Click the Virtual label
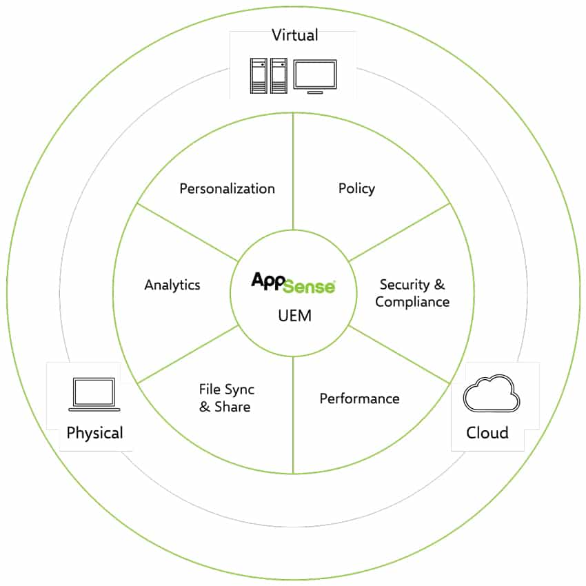295,35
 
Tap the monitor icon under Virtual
315,77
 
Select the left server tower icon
259,76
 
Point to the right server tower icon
279,76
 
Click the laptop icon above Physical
94,394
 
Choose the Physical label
94,433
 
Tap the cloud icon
491,394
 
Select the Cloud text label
487,433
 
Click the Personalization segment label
228,189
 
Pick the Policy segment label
356,189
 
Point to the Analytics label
172,285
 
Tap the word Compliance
412,302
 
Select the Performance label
359,398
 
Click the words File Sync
227,390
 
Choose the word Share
232,407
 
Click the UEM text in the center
294,316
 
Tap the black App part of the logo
268,281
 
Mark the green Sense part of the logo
309,286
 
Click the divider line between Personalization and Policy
293,172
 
